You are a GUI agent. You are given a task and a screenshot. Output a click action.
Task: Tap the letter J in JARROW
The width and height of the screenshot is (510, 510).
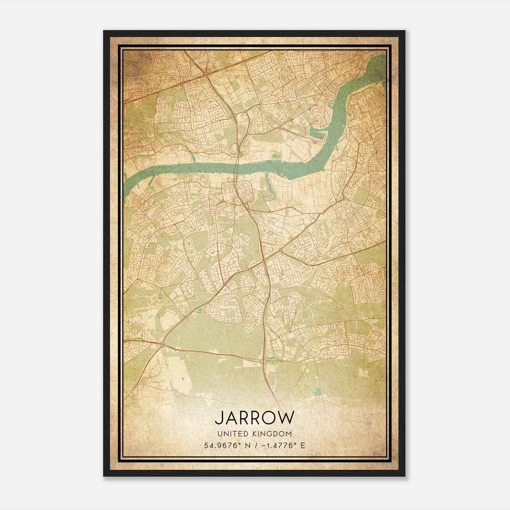coord(219,418)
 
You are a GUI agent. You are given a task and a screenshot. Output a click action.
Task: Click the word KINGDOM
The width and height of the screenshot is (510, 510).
coord(275,434)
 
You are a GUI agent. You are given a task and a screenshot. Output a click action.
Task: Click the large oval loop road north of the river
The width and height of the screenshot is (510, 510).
coord(234,148)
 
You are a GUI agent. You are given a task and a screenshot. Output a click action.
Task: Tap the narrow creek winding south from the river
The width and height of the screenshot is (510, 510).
coord(268,188)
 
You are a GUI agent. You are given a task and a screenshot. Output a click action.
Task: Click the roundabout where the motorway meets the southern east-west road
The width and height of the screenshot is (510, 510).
coord(264,361)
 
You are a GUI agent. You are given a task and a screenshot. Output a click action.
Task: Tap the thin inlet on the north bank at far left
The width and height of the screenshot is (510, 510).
coord(193,157)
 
